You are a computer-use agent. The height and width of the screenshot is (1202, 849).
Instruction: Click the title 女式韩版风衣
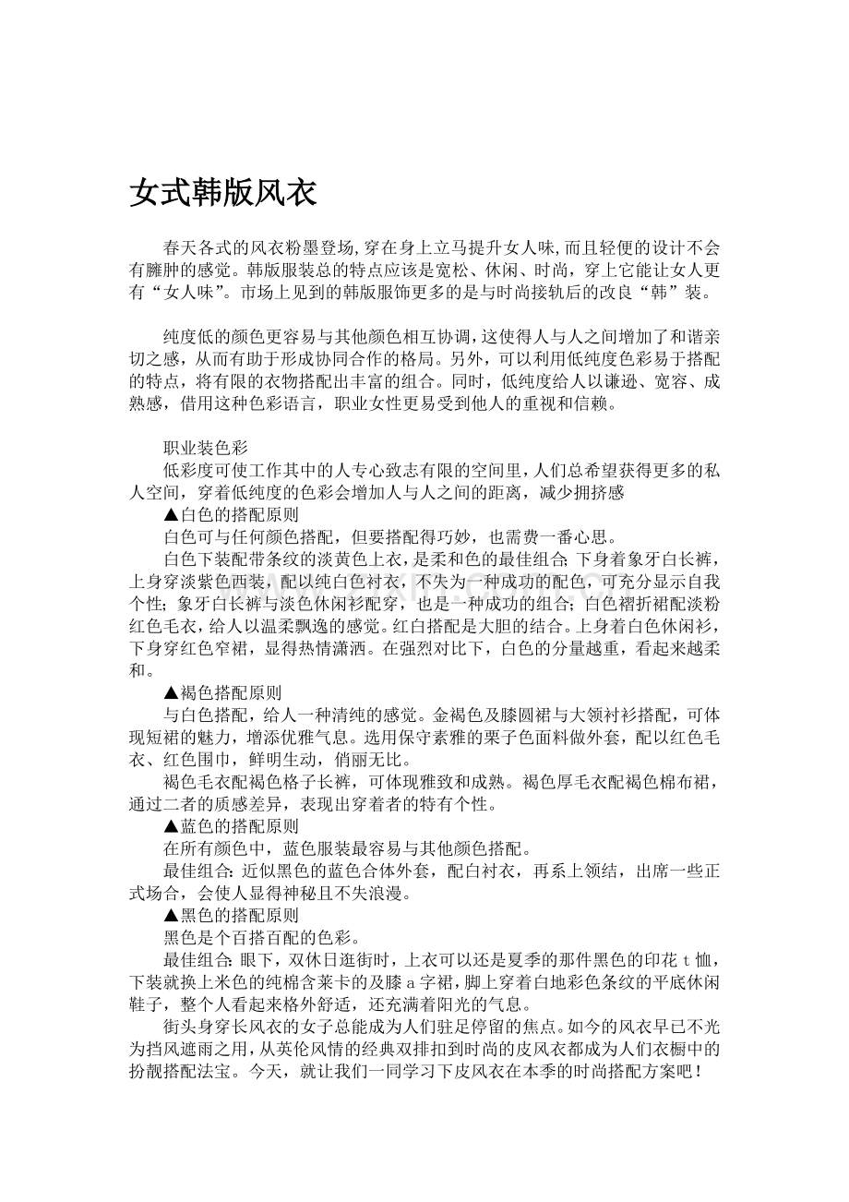click(x=223, y=193)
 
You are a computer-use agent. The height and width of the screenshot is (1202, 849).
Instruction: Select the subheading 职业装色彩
click(x=205, y=448)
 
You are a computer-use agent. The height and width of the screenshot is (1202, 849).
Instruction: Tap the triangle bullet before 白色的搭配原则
click(x=171, y=514)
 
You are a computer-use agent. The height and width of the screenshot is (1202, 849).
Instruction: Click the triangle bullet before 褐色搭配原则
click(x=171, y=691)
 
